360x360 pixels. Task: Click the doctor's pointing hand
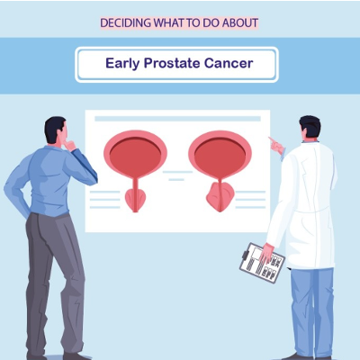pos(273,143)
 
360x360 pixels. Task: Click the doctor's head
pos(309,132)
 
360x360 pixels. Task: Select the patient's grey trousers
pos(56,279)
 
